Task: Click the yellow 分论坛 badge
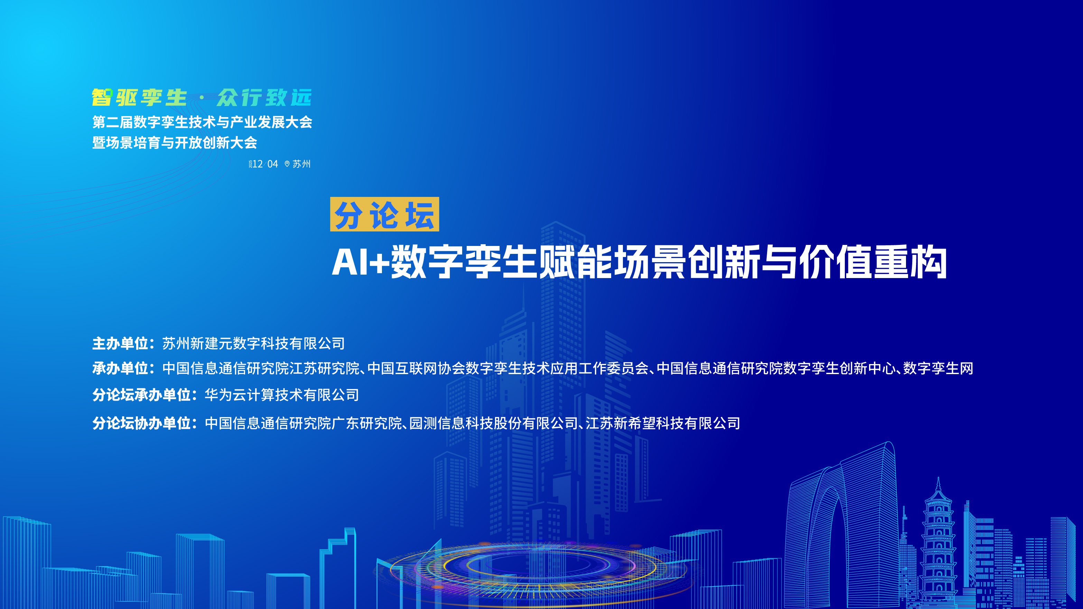click(384, 214)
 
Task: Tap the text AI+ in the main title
click(360, 263)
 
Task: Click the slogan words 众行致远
click(264, 98)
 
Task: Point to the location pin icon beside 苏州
click(287, 164)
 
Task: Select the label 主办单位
click(120, 344)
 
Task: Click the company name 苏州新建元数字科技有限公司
click(253, 344)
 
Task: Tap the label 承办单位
click(120, 368)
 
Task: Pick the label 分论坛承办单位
click(142, 395)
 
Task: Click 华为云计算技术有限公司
click(282, 395)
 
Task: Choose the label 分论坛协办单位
click(142, 423)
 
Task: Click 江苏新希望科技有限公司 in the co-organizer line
click(663, 423)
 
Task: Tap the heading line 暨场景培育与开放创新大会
click(175, 143)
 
